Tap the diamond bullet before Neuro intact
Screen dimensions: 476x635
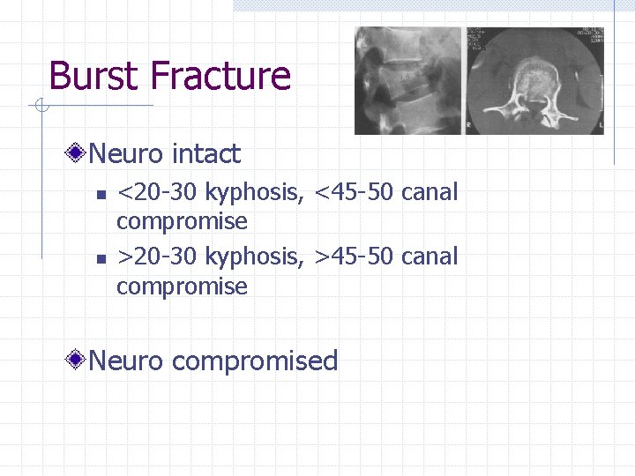pos(78,155)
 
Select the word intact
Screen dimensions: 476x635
pos(206,154)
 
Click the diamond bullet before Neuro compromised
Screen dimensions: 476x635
pos(78,361)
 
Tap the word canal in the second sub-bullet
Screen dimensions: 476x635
pos(430,257)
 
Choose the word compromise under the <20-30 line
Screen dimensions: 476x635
pos(182,220)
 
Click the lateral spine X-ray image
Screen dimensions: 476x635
pos(407,80)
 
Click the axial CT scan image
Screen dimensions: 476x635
pos(534,80)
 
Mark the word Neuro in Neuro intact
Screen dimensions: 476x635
pos(127,154)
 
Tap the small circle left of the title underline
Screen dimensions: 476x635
pos(41,107)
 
